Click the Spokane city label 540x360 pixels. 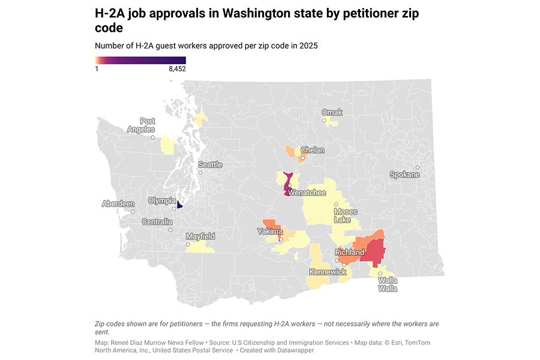[x=404, y=175]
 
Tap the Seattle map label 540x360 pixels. [x=210, y=164]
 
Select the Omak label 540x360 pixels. [x=332, y=112]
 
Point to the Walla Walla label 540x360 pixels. [x=388, y=284]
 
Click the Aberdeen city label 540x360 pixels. [x=118, y=204]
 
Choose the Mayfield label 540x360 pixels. [x=200, y=236]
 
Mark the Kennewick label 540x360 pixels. [x=328, y=272]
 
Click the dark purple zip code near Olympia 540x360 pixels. [x=180, y=204]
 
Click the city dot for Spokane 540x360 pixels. [x=418, y=167]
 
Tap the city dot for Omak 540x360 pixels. [x=325, y=121]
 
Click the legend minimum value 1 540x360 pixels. [x=97, y=69]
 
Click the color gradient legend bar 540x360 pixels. [x=140, y=60]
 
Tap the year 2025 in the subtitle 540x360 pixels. [x=307, y=46]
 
